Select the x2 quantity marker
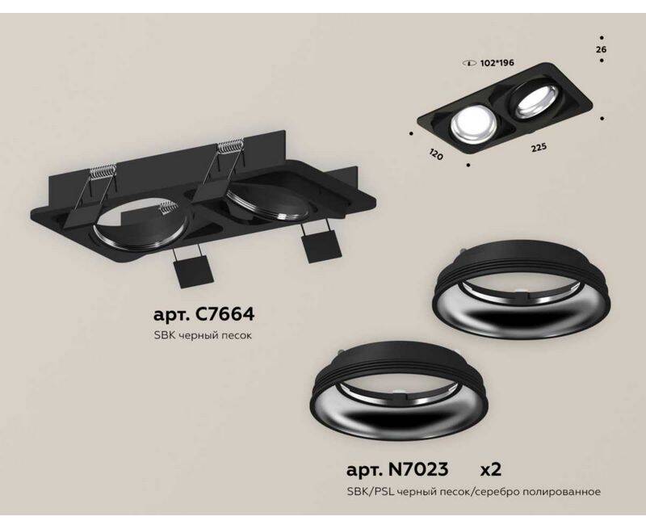click(x=491, y=470)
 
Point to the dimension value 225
click(x=538, y=148)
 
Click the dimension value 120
click(x=436, y=155)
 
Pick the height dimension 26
click(x=601, y=50)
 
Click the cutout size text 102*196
click(x=497, y=64)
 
